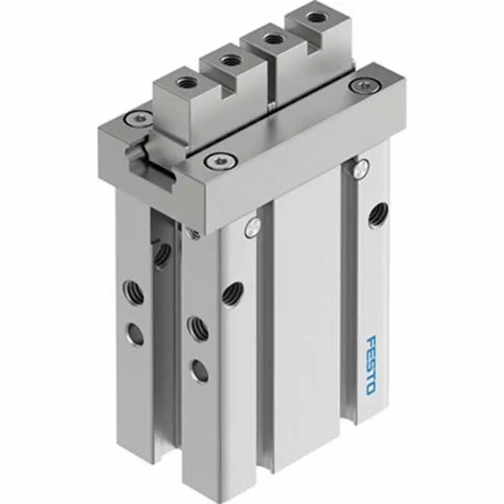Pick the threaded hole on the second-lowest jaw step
pyautogui.click(x=229, y=61)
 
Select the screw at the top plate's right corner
pyautogui.click(x=358, y=86)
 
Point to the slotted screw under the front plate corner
pyautogui.click(x=251, y=227)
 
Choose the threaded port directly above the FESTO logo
pyautogui.click(x=376, y=215)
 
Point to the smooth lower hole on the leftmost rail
pyautogui.click(x=135, y=333)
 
